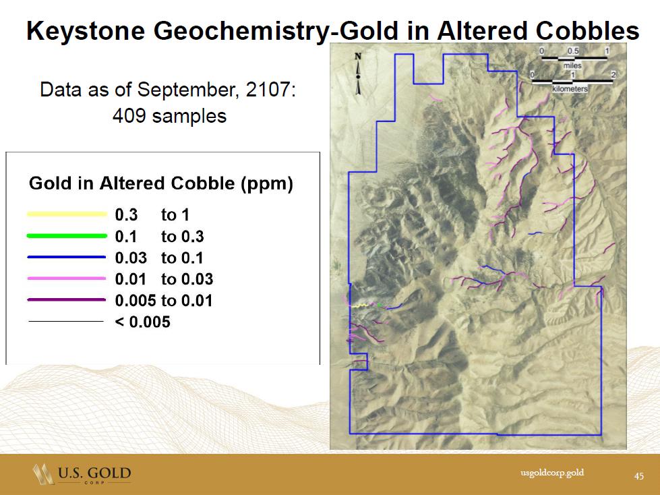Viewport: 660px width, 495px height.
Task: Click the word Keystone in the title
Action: point(86,31)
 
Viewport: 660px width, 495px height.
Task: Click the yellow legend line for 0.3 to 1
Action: point(67,214)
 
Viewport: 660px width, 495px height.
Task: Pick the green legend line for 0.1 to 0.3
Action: point(67,236)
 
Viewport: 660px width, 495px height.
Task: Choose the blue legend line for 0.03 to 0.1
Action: point(67,257)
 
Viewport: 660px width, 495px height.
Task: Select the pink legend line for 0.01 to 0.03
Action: point(67,279)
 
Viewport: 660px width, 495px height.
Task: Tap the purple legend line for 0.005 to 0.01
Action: point(67,299)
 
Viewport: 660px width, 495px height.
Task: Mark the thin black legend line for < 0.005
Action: point(66,321)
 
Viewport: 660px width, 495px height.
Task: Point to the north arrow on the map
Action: point(358,74)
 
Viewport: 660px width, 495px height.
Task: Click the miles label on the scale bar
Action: point(572,65)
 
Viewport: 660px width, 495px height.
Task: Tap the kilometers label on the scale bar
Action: point(570,89)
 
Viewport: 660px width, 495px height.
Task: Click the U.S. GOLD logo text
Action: point(94,473)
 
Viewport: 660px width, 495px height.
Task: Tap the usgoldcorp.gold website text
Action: point(552,473)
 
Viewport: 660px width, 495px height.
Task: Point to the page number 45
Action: point(639,475)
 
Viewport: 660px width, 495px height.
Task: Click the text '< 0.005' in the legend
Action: point(143,322)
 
